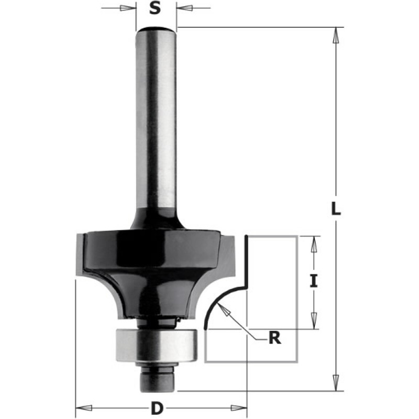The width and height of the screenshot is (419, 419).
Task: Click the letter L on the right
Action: coord(336,209)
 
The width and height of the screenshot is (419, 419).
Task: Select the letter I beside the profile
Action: coord(313,282)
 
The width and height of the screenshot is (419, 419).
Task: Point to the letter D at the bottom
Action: coord(156,407)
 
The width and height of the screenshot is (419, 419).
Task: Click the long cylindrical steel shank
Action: coord(156,120)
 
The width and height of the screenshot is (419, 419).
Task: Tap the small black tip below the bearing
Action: coord(156,380)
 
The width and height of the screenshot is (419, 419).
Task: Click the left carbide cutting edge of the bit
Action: coord(80,254)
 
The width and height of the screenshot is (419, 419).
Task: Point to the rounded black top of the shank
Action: coord(156,29)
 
